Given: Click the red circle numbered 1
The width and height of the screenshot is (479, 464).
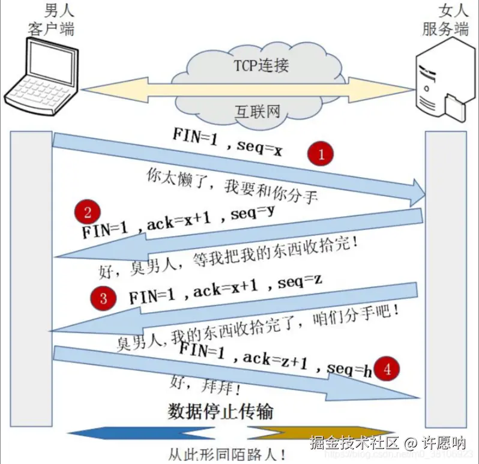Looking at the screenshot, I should coord(321,154).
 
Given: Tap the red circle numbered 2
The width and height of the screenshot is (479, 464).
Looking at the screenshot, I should coord(88,212).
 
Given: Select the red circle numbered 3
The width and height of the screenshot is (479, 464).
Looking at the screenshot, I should coord(103,298).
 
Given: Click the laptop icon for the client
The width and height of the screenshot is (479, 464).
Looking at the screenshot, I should coord(41,75).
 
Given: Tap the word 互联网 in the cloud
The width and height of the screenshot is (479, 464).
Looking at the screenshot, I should coord(257,110).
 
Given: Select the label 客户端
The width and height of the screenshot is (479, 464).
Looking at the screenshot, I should coord(52,28).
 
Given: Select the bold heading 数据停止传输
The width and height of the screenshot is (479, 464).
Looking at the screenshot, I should coord(220,411).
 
